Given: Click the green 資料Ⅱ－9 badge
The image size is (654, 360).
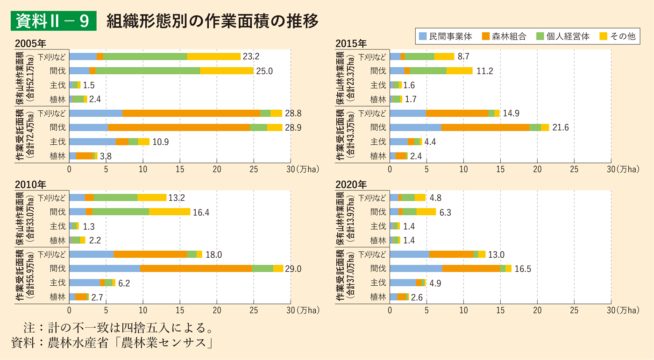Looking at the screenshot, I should pyautogui.click(x=53, y=21).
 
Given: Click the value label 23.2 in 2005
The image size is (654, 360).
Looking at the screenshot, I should pyautogui.click(x=251, y=56).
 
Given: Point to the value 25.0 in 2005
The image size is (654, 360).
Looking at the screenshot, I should pyautogui.click(x=264, y=71).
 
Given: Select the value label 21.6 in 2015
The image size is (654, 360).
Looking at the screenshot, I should pyautogui.click(x=560, y=127).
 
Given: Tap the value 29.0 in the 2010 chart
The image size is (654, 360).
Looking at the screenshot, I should pyautogui.click(x=294, y=268).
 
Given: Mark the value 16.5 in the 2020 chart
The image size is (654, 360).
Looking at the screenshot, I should pyautogui.click(x=522, y=268).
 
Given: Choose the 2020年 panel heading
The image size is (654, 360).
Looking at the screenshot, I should pyautogui.click(x=351, y=184).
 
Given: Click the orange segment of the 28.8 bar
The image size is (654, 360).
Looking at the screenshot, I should pyautogui.click(x=191, y=113).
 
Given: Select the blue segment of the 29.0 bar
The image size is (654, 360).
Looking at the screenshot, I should pyautogui.click(x=104, y=268).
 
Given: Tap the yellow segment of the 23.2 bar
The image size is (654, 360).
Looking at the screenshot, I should pyautogui.click(x=213, y=56).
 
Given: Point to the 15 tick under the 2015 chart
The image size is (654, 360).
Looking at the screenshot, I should pyautogui.click(x=500, y=169).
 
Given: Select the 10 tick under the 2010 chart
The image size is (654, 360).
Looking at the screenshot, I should pyautogui.click(x=143, y=310).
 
